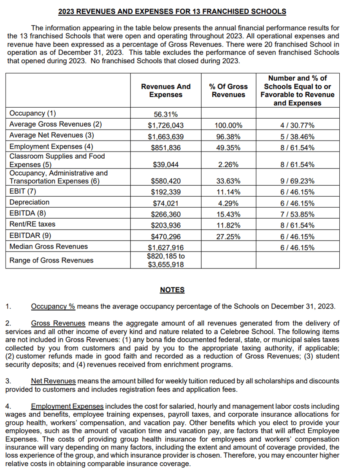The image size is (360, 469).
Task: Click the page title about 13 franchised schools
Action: click(x=172, y=11)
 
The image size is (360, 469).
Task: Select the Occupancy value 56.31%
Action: click(x=165, y=114)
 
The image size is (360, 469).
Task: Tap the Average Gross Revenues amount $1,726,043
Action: click(x=165, y=125)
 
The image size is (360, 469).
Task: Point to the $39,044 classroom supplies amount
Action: click(x=165, y=165)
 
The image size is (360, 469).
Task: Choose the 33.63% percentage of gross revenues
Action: click(x=228, y=181)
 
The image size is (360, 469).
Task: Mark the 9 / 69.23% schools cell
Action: click(x=297, y=181)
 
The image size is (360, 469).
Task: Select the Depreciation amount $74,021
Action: click(x=165, y=203)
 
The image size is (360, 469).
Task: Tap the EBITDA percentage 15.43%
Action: click(x=228, y=214)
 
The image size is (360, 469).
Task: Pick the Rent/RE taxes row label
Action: click(x=32, y=224)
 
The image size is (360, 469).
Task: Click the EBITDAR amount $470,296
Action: click(x=165, y=236)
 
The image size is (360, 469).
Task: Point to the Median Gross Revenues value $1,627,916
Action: click(x=165, y=247)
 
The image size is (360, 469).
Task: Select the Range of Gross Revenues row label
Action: click(x=51, y=260)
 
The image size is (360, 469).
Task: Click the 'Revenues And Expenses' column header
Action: click(x=165, y=90)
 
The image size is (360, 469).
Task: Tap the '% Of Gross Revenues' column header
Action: click(x=228, y=90)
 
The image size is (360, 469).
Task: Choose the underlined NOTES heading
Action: click(x=172, y=290)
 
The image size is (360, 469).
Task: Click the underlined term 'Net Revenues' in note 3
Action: click(x=54, y=381)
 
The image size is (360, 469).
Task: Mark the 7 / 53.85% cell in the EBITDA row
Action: click(x=297, y=214)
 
